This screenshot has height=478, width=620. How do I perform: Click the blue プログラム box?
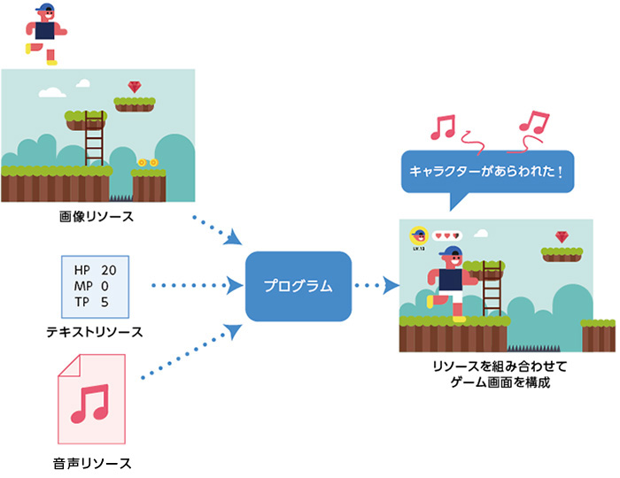tap(298, 286)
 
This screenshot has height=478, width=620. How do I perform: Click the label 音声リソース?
tap(91, 462)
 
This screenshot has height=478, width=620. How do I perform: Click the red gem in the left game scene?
tap(134, 87)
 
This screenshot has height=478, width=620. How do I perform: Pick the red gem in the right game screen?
tap(562, 236)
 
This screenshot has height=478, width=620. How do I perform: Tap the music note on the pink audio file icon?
tap(89, 403)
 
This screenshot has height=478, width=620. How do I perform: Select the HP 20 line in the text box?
tap(95, 269)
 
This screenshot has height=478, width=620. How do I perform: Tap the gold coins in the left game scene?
tap(147, 163)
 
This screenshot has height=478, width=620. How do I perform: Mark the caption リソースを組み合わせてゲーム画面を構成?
tap(492, 372)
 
